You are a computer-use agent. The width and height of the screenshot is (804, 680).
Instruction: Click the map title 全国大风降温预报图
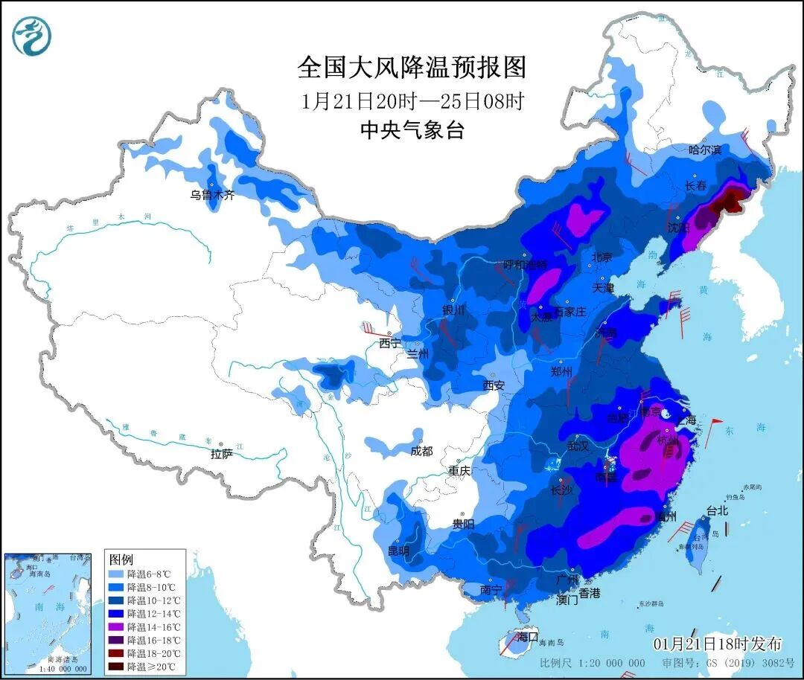coord(412,68)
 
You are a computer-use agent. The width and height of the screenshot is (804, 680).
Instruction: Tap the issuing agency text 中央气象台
coord(412,130)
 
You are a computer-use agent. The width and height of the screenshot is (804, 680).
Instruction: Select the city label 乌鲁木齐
coord(212,196)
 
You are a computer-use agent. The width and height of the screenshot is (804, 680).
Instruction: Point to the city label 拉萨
coord(222,454)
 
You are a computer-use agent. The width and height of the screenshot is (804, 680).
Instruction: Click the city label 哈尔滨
coord(705,150)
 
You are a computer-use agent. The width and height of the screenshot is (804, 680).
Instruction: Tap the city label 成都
coord(421,451)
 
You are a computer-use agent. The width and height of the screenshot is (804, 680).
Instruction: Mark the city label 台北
coord(717,511)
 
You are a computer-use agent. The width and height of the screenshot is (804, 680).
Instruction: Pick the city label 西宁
coord(390,343)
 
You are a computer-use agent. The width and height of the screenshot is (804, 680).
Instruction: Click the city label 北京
coord(602,257)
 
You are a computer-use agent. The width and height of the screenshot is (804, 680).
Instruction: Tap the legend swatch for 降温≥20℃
coord(116,666)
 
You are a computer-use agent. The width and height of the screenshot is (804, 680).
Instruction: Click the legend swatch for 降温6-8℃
coord(116,574)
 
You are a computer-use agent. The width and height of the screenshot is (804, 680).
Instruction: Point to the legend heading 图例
coord(121,559)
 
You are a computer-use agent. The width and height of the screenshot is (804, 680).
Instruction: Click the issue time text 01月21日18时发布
coord(718,644)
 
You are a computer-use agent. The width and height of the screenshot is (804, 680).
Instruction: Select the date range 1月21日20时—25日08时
coord(412,100)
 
